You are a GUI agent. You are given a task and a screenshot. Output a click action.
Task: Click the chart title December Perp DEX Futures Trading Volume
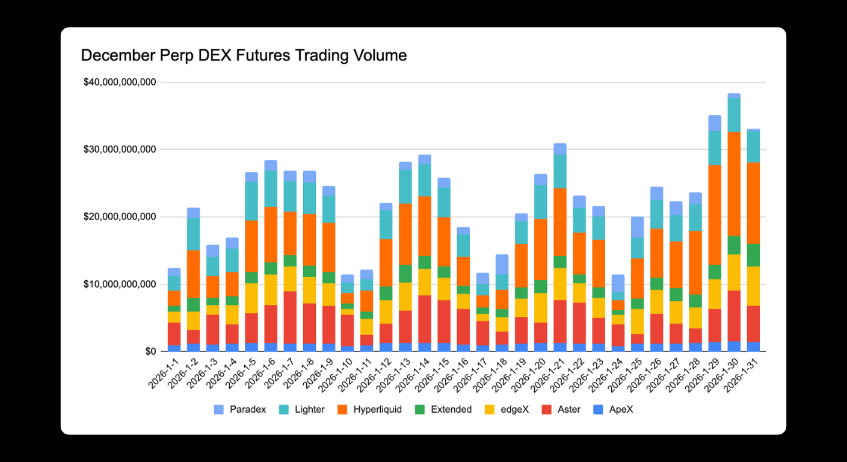pyautogui.click(x=244, y=56)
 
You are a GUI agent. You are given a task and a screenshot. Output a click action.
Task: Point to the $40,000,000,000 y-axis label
pyautogui.click(x=120, y=82)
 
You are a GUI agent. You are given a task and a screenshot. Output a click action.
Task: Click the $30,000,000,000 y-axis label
pyautogui.click(x=120, y=149)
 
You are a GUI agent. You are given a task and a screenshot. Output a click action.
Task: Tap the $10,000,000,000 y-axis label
pyautogui.click(x=120, y=284)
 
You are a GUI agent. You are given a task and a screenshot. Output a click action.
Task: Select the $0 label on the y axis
pyautogui.click(x=150, y=351)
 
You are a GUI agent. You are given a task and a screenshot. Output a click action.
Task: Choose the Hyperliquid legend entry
pyautogui.click(x=369, y=410)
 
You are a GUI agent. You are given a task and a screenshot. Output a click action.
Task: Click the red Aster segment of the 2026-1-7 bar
pyautogui.click(x=290, y=318)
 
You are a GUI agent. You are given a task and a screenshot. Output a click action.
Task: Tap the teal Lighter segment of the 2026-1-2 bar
pyautogui.click(x=193, y=234)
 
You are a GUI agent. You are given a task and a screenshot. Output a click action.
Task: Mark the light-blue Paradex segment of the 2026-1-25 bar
pyautogui.click(x=638, y=227)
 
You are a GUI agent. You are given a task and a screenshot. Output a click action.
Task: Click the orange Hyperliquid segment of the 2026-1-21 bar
pyautogui.click(x=560, y=222)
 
